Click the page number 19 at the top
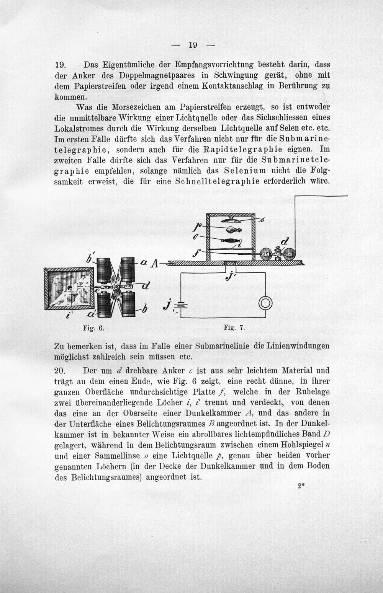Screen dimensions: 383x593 [193, 45]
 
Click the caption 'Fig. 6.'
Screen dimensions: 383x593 [93, 328]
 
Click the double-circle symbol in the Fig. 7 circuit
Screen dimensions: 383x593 [265, 304]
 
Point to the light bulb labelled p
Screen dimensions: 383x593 [233, 230]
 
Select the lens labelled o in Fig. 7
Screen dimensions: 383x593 [230, 241]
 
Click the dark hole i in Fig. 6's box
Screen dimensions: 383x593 [70, 288]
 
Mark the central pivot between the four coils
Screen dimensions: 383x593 [116, 287]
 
